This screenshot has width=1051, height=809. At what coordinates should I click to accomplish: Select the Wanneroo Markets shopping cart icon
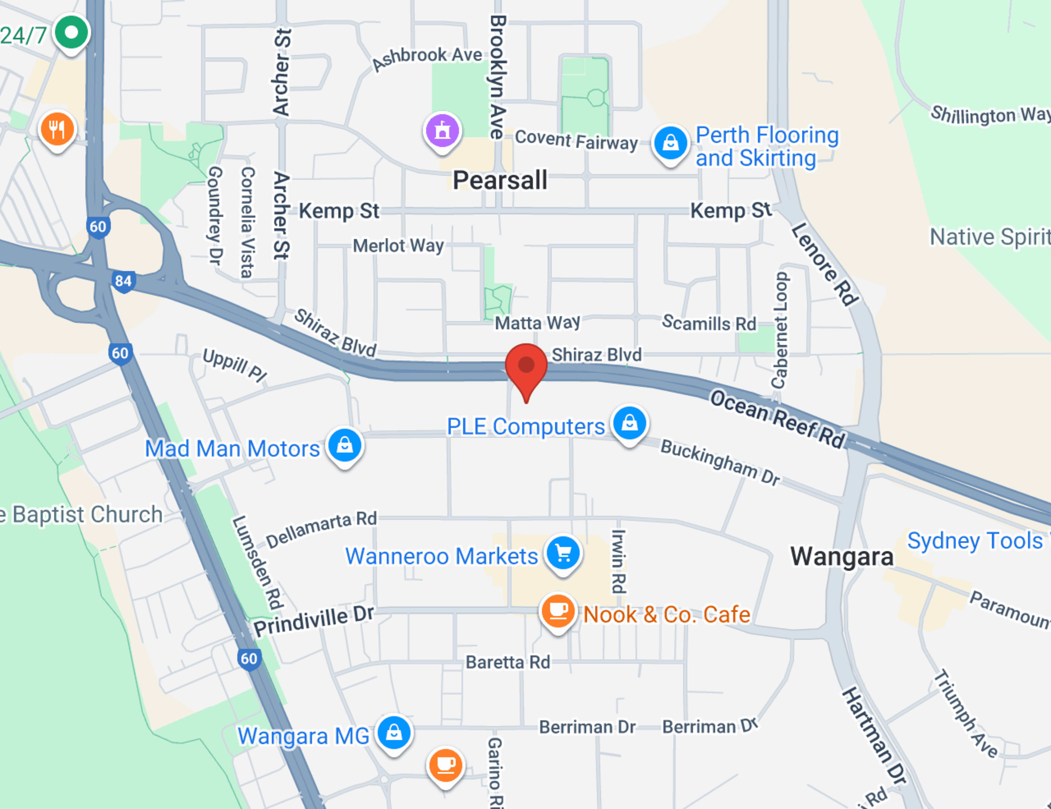563,554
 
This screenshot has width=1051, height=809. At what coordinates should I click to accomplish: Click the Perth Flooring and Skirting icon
670,143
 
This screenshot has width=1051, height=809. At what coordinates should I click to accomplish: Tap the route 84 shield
123,281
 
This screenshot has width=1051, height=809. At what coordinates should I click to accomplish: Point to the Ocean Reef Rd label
778,419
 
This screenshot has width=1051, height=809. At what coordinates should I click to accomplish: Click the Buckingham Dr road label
720,462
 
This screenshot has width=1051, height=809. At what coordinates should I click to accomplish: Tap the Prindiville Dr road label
314,621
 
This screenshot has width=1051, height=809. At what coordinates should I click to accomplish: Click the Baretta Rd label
508,662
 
